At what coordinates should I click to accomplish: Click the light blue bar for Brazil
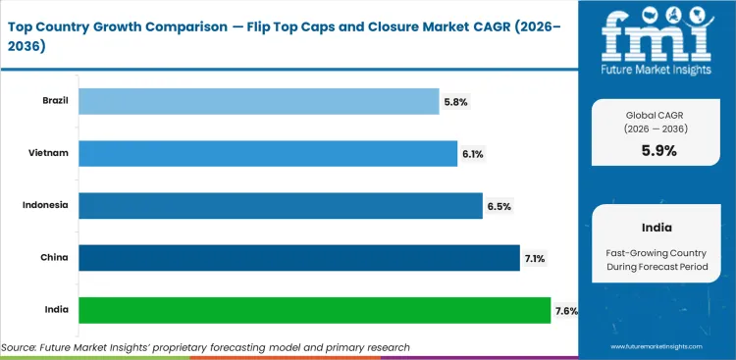tap(258, 100)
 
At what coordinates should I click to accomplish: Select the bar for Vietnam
tap(267, 153)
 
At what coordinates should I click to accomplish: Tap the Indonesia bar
tap(280, 205)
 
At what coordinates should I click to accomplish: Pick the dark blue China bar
tap(298, 258)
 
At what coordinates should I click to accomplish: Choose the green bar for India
tap(314, 311)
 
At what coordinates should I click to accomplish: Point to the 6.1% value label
tap(472, 154)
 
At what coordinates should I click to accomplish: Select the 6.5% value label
tap(499, 206)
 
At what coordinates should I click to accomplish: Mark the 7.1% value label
tap(535, 259)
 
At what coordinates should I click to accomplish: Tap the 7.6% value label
tap(566, 311)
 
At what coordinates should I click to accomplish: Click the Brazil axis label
tap(56, 100)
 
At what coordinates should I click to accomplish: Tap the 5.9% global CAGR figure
tap(658, 150)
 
